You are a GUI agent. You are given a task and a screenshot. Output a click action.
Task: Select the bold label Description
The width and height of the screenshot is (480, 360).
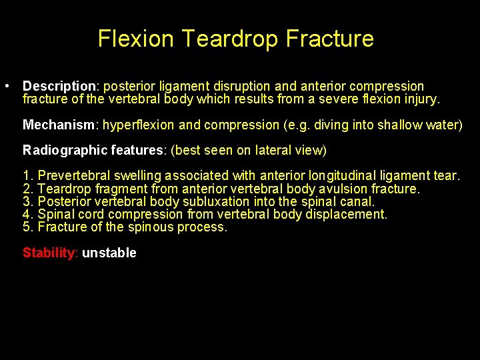click(59, 87)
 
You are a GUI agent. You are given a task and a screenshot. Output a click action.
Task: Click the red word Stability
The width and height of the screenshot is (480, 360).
click(50, 253)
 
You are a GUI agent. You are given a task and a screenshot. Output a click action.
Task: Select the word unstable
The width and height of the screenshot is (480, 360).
click(109, 253)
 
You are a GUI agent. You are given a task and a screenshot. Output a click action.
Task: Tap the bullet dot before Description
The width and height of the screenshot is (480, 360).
click(6, 87)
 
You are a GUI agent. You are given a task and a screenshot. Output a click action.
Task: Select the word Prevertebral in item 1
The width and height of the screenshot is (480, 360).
click(75, 176)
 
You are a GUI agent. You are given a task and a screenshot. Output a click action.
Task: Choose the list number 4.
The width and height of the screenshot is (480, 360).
click(27, 214)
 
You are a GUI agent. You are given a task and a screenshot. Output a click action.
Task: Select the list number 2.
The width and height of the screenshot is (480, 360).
click(27, 189)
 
